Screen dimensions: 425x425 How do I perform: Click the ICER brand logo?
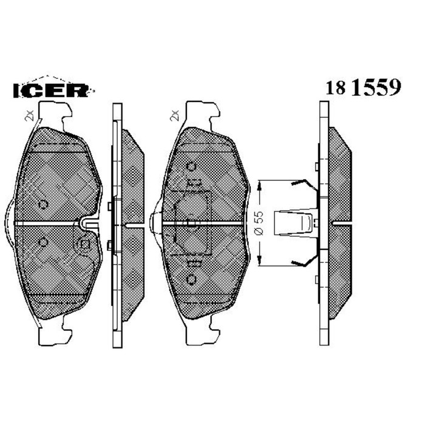tap(51, 89)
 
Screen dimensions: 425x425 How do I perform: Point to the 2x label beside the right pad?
tap(174, 115)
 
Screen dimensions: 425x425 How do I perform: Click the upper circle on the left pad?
tap(42, 204)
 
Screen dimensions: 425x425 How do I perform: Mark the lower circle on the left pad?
tap(42, 242)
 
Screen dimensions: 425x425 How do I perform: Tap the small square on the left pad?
tap(85, 245)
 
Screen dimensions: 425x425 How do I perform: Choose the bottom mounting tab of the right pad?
tap(200, 333)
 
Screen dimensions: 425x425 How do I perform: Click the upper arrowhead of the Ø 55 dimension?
tap(260, 185)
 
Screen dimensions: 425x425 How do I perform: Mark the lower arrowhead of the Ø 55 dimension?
tap(260, 262)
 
